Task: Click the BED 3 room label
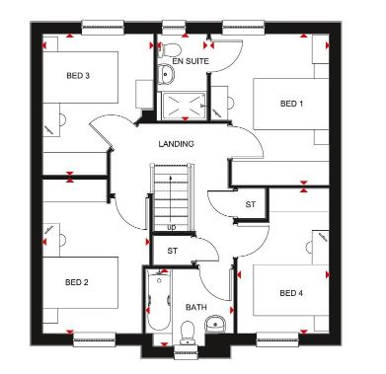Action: coord(78,76)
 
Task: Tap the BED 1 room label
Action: coord(291,104)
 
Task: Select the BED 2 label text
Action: coord(77,282)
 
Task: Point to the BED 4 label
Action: coord(291,293)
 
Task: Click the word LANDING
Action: coord(177,144)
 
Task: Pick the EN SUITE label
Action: coord(191,61)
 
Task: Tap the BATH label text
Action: coord(196,307)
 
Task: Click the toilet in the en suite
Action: coord(169,49)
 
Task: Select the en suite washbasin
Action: coord(167,73)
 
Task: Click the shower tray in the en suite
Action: coord(184,106)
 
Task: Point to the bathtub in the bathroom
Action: coord(159,299)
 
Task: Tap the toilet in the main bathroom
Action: coord(189,332)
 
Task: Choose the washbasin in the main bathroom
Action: coord(215,324)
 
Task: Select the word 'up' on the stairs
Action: coord(172,227)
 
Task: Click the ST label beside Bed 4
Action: coord(251,204)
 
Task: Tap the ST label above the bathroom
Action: coord(173,251)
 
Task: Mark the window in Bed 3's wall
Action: coord(103,28)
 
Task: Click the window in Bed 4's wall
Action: coord(277,339)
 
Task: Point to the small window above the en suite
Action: coord(174,28)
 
